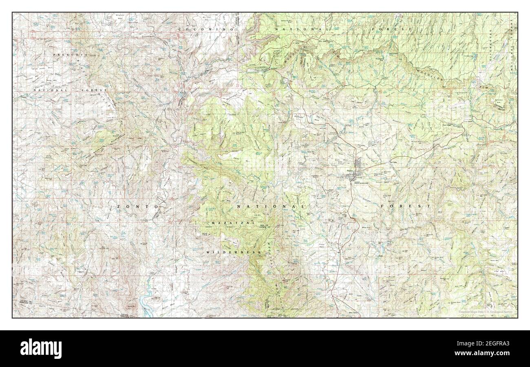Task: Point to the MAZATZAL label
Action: tap(233, 223)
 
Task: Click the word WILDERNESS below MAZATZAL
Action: tap(233, 253)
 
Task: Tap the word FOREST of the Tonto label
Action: tap(406, 207)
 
